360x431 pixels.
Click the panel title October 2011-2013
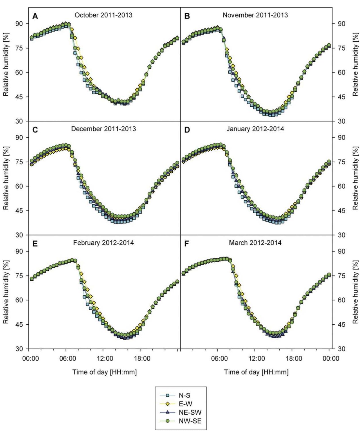point(103,15)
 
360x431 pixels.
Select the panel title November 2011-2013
point(255,15)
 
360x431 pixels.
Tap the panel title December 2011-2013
point(103,129)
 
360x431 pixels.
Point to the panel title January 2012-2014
point(255,129)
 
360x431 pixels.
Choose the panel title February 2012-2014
point(103,243)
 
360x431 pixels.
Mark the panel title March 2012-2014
point(255,243)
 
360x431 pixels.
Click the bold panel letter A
point(35,16)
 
